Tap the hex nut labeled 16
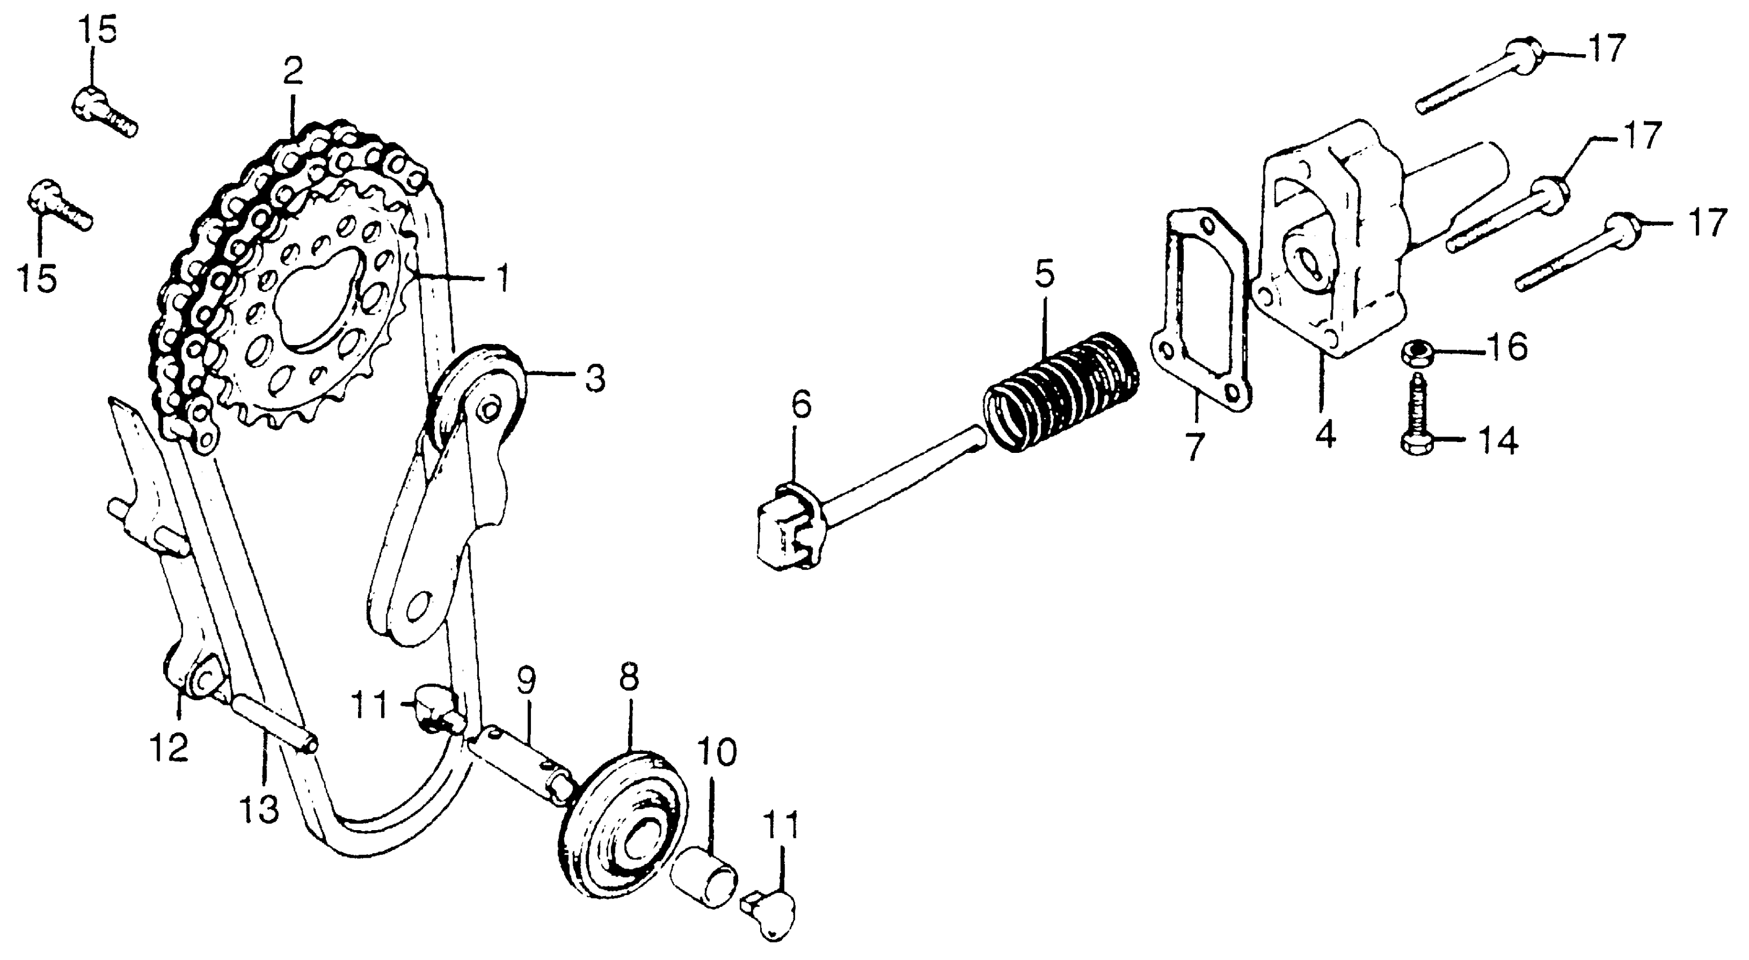point(1414,352)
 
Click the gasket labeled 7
point(1201,312)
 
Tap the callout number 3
point(594,378)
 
